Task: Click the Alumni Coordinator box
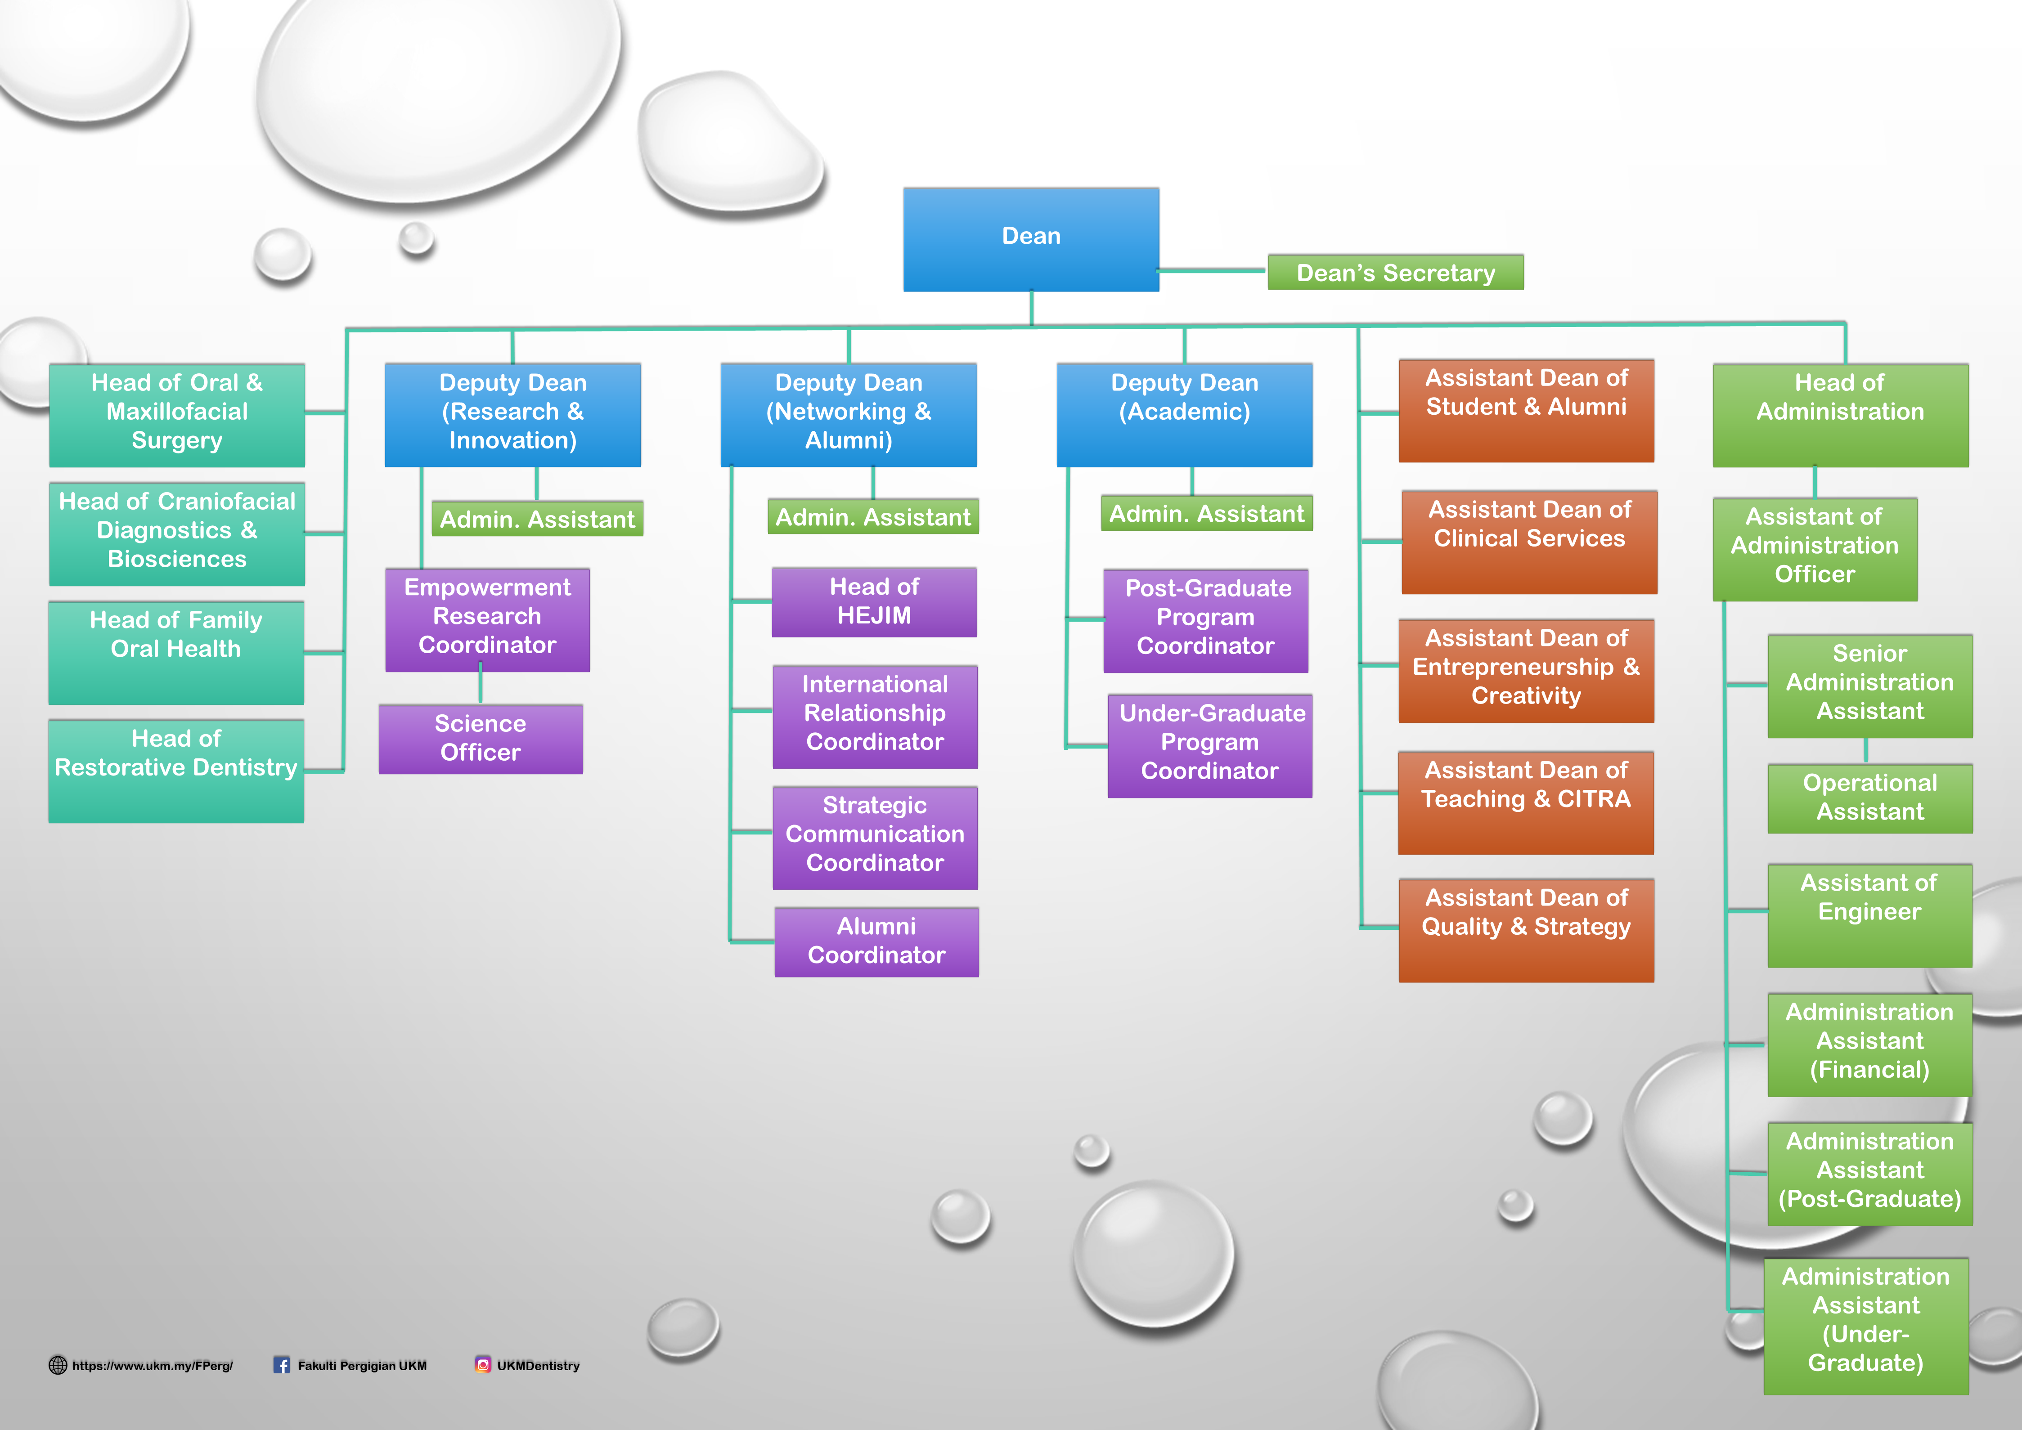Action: pos(876,941)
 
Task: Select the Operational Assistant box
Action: pos(1869,798)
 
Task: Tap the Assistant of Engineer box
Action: pos(1869,915)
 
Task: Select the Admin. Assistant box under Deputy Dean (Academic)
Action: pos(1207,513)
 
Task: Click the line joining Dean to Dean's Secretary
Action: pos(1213,270)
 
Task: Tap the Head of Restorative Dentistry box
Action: pos(176,771)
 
